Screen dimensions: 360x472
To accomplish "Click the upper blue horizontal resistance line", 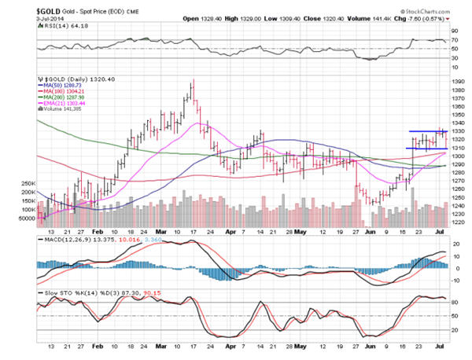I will pyautogui.click(x=428, y=130).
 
